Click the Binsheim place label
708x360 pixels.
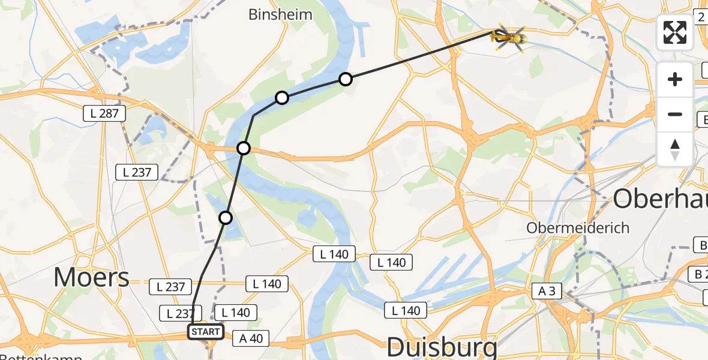click(280, 14)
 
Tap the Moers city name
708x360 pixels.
click(91, 278)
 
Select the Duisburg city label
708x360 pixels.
click(442, 347)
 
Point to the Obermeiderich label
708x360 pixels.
click(578, 228)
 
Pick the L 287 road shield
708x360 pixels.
click(104, 113)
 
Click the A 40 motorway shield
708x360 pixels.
click(251, 338)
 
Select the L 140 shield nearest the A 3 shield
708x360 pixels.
click(406, 310)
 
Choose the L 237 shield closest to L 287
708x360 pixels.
click(137, 172)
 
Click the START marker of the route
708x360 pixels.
click(206, 332)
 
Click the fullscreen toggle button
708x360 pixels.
click(675, 32)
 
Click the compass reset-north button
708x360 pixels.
click(675, 149)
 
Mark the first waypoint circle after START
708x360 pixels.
click(226, 218)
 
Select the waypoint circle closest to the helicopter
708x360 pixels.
click(346, 79)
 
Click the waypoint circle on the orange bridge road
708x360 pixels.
click(244, 148)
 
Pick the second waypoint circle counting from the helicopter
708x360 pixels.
click(282, 97)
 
